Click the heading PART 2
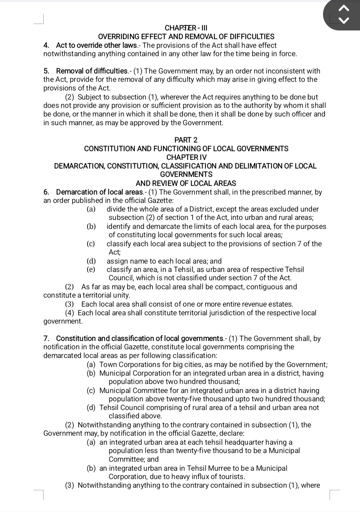pyautogui.click(x=186, y=140)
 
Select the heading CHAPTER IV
pyautogui.click(x=186, y=157)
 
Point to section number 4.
pyautogui.click(x=46, y=45)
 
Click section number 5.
pyautogui.click(x=46, y=71)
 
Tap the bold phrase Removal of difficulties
pyautogui.click(x=92, y=71)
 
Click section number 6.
pyautogui.click(x=46, y=192)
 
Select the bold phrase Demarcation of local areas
pyautogui.click(x=100, y=192)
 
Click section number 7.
pyautogui.click(x=46, y=339)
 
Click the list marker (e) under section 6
pyautogui.click(x=91, y=270)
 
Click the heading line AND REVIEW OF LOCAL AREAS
pyautogui.click(x=186, y=183)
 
